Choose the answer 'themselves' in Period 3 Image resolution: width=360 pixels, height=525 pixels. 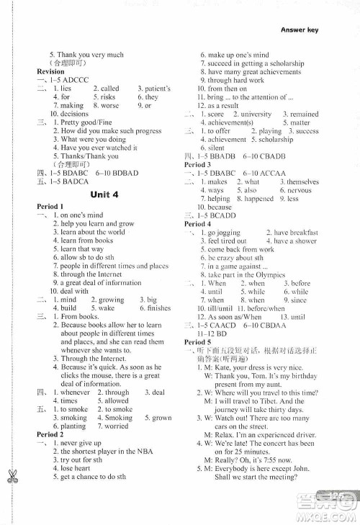[x=304, y=181]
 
